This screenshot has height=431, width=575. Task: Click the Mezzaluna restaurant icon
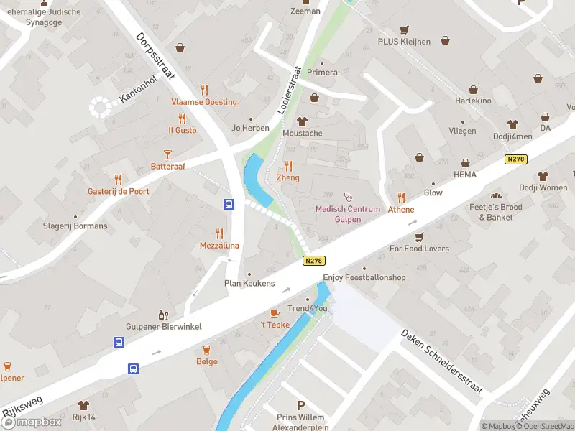[x=219, y=233]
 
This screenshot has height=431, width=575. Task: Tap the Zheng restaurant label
[x=288, y=177]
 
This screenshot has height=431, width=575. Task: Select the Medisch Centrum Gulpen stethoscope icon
[x=349, y=195]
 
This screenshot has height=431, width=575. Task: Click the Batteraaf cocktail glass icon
[x=167, y=154]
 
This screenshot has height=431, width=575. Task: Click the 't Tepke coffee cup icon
[x=275, y=313]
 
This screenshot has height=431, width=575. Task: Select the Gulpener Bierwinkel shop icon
[x=163, y=315]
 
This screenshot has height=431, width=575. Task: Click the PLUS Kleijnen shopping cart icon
[x=404, y=29]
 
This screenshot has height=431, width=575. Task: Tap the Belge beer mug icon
[x=207, y=350]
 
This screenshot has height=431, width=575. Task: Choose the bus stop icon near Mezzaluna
[x=229, y=204]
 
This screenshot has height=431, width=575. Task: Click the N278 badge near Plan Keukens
[x=312, y=261]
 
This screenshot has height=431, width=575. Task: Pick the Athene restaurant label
[x=401, y=210]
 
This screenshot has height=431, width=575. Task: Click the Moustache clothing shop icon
[x=302, y=121]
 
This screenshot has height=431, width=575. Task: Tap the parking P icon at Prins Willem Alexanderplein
[x=300, y=405]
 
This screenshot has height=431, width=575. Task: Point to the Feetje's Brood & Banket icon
[x=495, y=195]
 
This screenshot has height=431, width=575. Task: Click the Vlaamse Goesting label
[x=203, y=102]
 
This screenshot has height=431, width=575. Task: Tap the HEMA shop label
[x=465, y=175]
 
